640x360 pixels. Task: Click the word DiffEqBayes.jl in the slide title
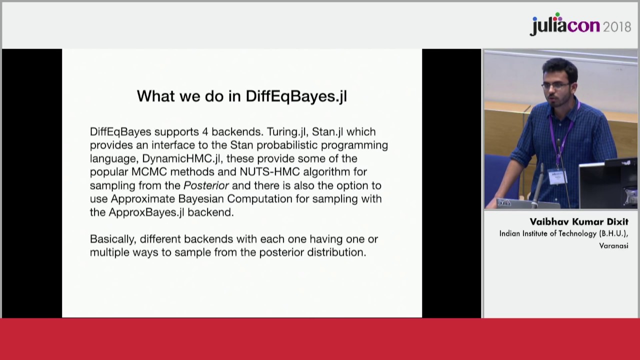click(x=296, y=96)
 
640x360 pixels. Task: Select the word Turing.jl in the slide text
click(x=286, y=132)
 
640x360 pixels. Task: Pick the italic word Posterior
click(x=206, y=185)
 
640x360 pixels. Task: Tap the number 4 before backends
click(x=205, y=132)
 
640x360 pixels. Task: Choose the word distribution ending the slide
click(x=336, y=252)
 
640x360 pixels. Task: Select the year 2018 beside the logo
click(x=617, y=27)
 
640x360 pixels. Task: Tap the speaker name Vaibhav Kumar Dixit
click(x=578, y=222)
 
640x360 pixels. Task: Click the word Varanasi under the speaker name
click(x=613, y=245)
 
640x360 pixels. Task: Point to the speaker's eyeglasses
click(x=556, y=85)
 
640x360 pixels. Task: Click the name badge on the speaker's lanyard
click(x=556, y=176)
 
